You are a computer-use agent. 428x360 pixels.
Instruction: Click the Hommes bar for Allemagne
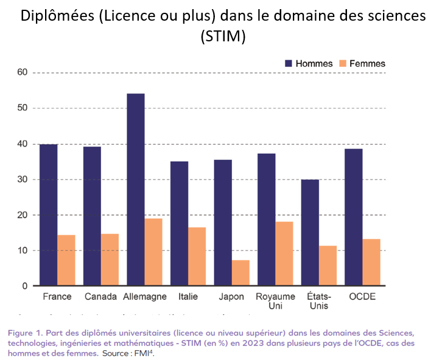[135, 190]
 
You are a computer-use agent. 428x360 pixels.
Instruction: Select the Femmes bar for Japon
[240, 273]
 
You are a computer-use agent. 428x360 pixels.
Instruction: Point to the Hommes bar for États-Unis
[310, 232]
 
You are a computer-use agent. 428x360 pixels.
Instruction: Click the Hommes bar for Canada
[92, 216]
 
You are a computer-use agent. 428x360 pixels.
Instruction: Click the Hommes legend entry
[309, 63]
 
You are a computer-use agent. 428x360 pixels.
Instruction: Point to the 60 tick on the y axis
[23, 72]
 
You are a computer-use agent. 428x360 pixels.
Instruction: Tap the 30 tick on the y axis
[23, 179]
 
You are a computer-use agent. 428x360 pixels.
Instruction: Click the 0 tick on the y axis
[25, 286]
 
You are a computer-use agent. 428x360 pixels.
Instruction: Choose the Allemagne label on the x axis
[144, 297]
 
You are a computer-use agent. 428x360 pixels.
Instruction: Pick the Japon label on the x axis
[231, 297]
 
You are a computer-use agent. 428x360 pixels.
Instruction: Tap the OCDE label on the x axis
[362, 297]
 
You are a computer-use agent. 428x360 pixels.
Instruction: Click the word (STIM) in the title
[223, 36]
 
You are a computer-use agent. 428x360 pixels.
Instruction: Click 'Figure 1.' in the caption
[29, 333]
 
